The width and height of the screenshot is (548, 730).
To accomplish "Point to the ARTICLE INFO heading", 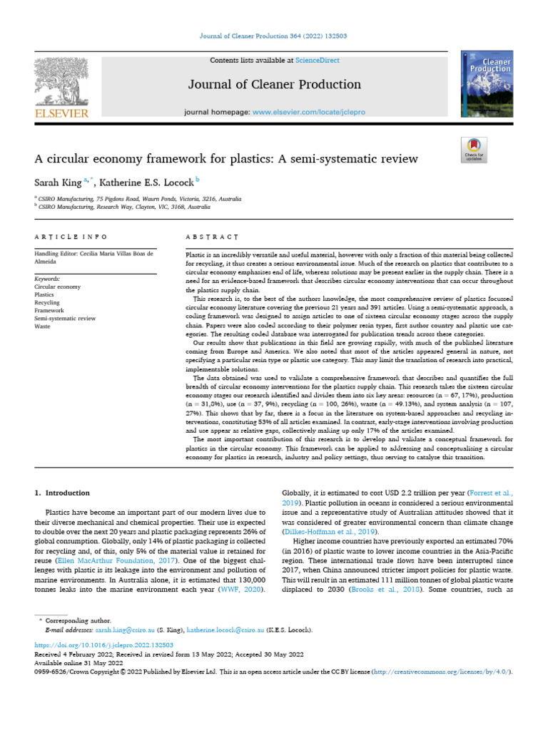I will click(x=71, y=236).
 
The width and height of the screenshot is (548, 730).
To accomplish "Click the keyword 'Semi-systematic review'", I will click(x=65, y=319).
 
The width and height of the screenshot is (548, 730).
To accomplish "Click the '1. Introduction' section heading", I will click(x=63, y=493).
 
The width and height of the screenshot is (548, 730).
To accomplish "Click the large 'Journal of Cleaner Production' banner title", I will click(x=274, y=85).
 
